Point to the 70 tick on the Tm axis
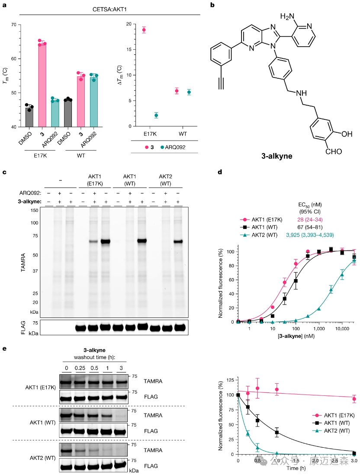click(15, 25)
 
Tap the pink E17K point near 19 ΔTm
click(144, 30)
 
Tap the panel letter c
click(5, 172)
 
